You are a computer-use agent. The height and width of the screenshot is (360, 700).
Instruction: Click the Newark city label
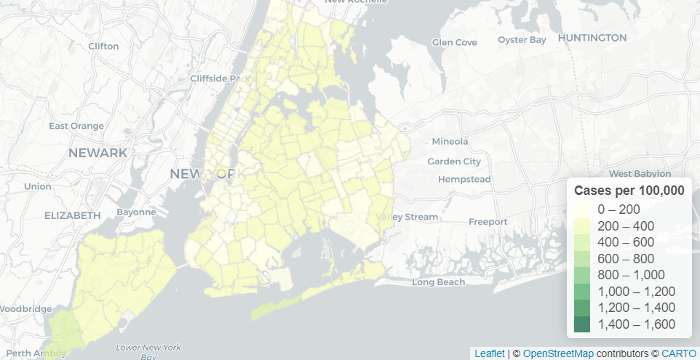(98, 153)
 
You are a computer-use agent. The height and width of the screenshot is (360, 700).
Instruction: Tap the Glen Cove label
(454, 42)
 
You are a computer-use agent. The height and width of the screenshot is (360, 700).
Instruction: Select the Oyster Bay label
(522, 39)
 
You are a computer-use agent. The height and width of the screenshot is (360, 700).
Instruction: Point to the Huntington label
(592, 38)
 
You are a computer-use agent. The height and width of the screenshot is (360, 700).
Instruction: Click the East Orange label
(76, 126)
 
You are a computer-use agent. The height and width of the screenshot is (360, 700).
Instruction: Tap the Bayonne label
(136, 212)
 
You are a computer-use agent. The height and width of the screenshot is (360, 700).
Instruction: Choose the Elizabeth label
(72, 215)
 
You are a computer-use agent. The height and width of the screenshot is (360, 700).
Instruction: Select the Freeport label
(488, 221)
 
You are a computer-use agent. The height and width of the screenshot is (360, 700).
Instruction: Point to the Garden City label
(454, 161)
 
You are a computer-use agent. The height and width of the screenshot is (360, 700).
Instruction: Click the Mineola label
(450, 141)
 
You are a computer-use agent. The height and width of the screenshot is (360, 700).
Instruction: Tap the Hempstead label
(464, 179)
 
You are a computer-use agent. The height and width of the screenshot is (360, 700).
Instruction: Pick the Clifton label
(103, 46)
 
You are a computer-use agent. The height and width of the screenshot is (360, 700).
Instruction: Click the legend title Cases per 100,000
(629, 191)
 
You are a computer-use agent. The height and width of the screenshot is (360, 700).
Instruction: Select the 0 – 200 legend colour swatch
(582, 209)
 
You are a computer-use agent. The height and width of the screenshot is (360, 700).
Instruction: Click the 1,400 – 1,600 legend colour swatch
(582, 324)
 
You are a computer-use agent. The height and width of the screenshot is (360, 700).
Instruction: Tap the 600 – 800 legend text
(626, 258)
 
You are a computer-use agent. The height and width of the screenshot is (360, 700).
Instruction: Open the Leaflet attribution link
(489, 353)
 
